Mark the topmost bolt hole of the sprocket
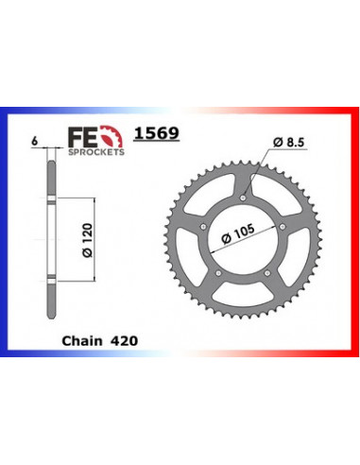243,197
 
